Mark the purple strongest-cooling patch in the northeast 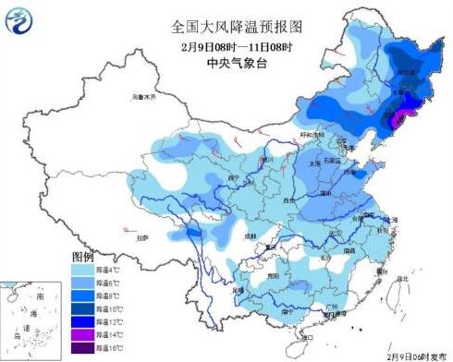[399, 118]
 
